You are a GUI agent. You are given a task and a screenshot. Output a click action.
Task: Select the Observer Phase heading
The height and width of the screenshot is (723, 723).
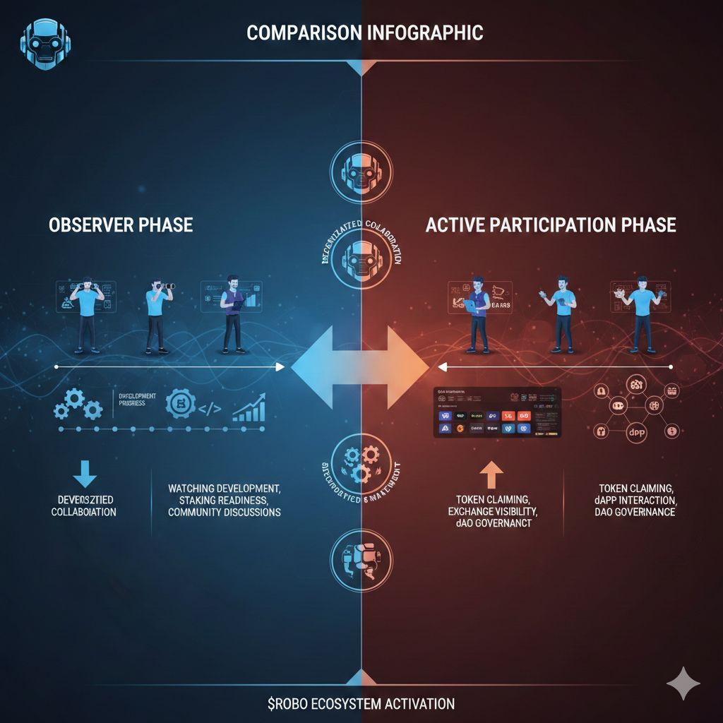click(x=121, y=225)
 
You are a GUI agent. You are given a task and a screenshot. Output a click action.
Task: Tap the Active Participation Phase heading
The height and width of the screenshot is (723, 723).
click(x=551, y=225)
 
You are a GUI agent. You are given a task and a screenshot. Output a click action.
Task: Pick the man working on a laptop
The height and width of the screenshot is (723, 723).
click(x=478, y=314)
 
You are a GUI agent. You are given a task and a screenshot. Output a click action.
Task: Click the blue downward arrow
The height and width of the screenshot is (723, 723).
click(x=84, y=472)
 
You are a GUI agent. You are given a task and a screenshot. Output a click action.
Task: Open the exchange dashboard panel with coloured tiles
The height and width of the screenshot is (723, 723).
click(x=496, y=412)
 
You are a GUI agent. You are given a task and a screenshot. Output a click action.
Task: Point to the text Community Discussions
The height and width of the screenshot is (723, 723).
click(x=225, y=512)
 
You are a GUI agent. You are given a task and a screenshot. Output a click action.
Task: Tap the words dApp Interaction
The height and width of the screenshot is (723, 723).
click(x=635, y=499)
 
